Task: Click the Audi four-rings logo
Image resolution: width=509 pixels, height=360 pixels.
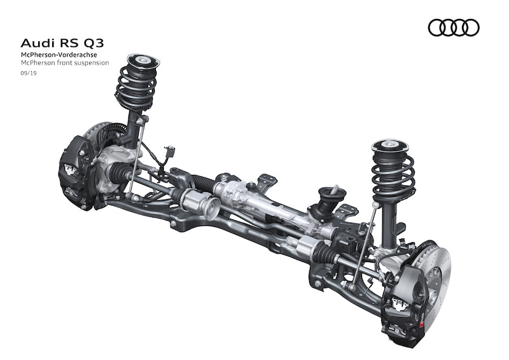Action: (454, 27)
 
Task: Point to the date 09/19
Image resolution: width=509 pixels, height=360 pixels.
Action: (29, 73)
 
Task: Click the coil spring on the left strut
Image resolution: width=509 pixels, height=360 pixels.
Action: (136, 88)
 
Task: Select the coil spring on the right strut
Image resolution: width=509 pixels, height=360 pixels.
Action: (393, 177)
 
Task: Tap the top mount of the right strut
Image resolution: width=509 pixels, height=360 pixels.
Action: (389, 146)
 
